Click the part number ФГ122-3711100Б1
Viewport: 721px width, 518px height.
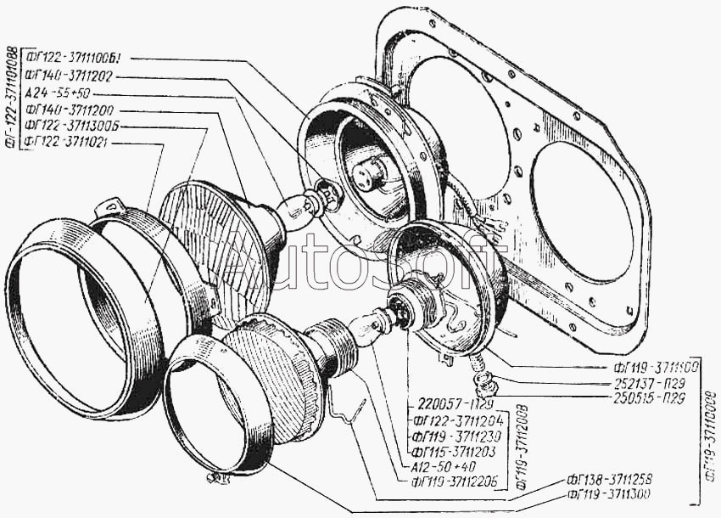(x=75, y=59)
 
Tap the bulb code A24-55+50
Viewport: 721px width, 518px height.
(x=58, y=93)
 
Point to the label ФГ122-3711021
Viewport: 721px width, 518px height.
(x=68, y=143)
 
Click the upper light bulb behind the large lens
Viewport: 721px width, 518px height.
(x=300, y=207)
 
